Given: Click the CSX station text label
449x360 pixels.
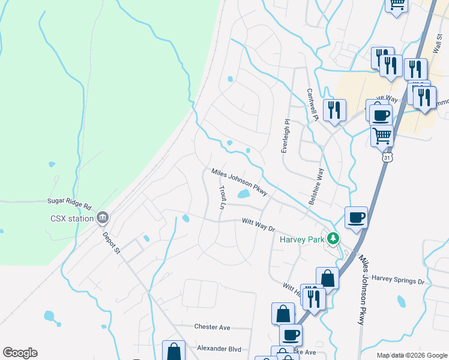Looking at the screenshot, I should (72, 218).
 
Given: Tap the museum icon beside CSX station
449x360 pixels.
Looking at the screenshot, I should (103, 217).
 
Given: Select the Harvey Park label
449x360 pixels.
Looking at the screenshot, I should (302, 239).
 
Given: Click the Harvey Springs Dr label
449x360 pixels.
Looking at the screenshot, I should (397, 279).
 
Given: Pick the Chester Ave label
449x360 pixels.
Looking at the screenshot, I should (212, 327).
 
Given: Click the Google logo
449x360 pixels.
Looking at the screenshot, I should (20, 353).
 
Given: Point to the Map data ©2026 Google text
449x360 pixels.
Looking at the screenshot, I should (411, 355).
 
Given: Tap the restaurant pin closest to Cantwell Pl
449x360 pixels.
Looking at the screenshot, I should (334, 110).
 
